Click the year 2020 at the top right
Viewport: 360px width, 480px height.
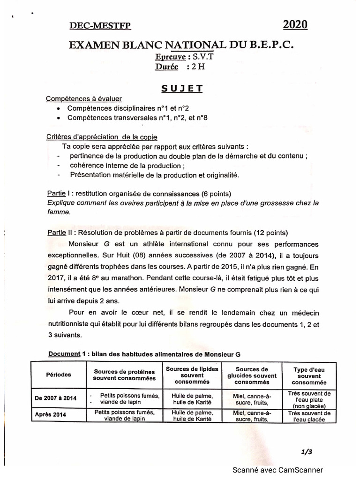pos(295,25)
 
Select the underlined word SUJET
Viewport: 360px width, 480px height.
pos(182,88)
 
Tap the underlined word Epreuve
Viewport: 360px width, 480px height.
pos(171,57)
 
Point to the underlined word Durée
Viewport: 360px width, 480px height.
pos(166,67)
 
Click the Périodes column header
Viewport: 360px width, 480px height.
pos(59,375)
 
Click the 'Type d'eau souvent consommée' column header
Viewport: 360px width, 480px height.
pos(308,375)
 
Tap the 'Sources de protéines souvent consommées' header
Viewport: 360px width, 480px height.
pos(124,375)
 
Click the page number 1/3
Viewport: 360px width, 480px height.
pos(307,452)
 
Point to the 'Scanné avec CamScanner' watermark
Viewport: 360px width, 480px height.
pos(277,470)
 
